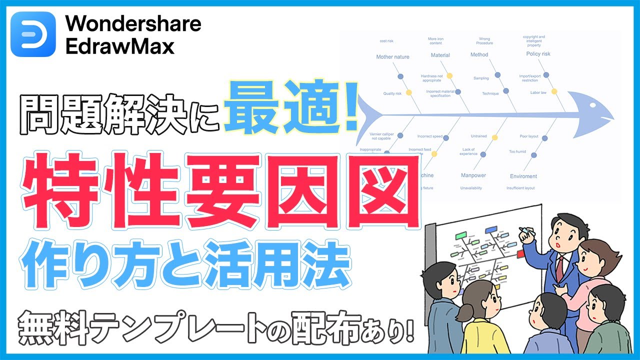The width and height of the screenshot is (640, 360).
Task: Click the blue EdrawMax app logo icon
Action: pos(33,34)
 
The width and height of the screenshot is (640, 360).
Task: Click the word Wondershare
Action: pos(133,23)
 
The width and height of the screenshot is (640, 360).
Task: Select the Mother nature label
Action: pos(392,57)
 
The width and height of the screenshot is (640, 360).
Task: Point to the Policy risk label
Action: pos(538,54)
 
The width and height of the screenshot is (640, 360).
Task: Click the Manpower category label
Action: pos(473,175)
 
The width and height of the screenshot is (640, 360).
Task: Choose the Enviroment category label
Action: pos(523,176)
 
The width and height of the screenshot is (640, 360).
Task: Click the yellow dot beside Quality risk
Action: pos(408,92)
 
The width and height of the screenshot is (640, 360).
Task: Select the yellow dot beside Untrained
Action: pos(495,137)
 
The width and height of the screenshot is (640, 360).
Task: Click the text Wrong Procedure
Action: pos(484,41)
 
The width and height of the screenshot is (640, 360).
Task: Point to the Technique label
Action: pos(490,93)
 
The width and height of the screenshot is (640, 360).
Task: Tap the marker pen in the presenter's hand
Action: pos(523,231)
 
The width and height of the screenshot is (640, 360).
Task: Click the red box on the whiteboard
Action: pos(521,254)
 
